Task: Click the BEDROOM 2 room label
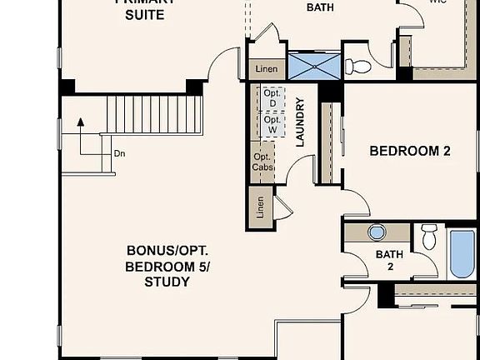click(x=410, y=151)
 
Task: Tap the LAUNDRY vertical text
click(x=300, y=122)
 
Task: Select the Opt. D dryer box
click(x=271, y=97)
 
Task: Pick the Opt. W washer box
click(x=271, y=125)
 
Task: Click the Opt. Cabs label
click(x=262, y=162)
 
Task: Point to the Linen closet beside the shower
click(x=267, y=68)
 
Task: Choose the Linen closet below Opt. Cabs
click(x=261, y=206)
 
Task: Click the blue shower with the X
click(x=313, y=65)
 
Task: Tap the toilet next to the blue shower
click(x=356, y=65)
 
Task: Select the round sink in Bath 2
click(x=377, y=232)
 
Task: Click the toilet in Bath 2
click(x=429, y=236)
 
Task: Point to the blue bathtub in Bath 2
click(x=462, y=254)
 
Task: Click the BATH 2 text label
click(x=389, y=260)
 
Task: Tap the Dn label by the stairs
click(x=119, y=153)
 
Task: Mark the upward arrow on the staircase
click(x=81, y=123)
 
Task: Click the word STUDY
click(x=168, y=282)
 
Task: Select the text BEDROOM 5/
click(x=168, y=267)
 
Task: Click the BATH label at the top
click(x=321, y=7)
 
